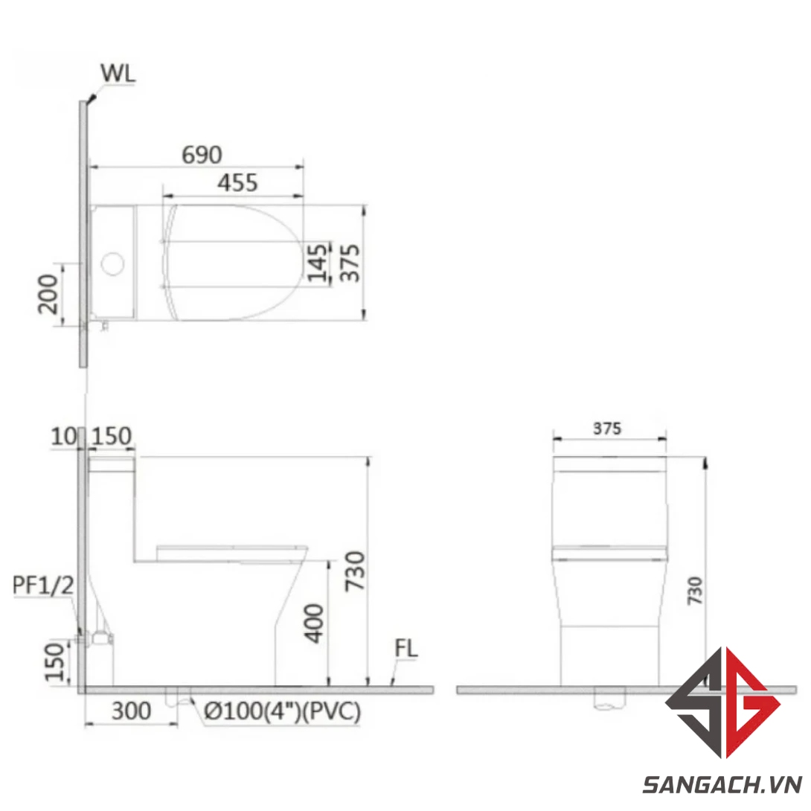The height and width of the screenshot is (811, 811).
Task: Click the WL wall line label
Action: click(x=118, y=74)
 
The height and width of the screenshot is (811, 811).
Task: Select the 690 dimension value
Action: click(x=202, y=156)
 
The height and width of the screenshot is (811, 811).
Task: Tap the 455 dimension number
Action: click(x=237, y=183)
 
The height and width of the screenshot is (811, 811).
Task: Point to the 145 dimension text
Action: click(x=318, y=262)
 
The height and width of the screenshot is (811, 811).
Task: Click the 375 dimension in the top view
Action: click(x=349, y=263)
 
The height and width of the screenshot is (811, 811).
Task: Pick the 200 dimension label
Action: click(x=48, y=294)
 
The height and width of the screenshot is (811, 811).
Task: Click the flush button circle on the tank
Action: click(x=113, y=264)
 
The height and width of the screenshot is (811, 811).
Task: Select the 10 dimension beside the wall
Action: click(x=64, y=437)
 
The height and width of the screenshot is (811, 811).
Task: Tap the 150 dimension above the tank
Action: click(x=112, y=437)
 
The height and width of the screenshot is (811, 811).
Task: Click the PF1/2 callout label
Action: click(x=43, y=586)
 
